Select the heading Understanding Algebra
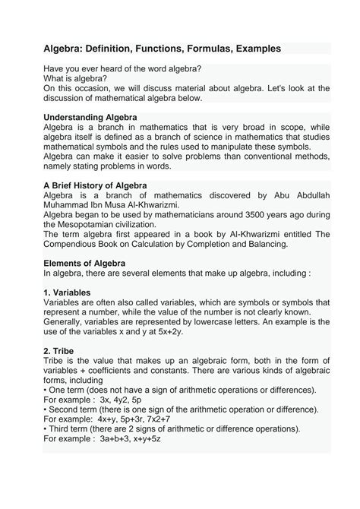(x=90, y=117)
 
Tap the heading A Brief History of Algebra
(x=95, y=185)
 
